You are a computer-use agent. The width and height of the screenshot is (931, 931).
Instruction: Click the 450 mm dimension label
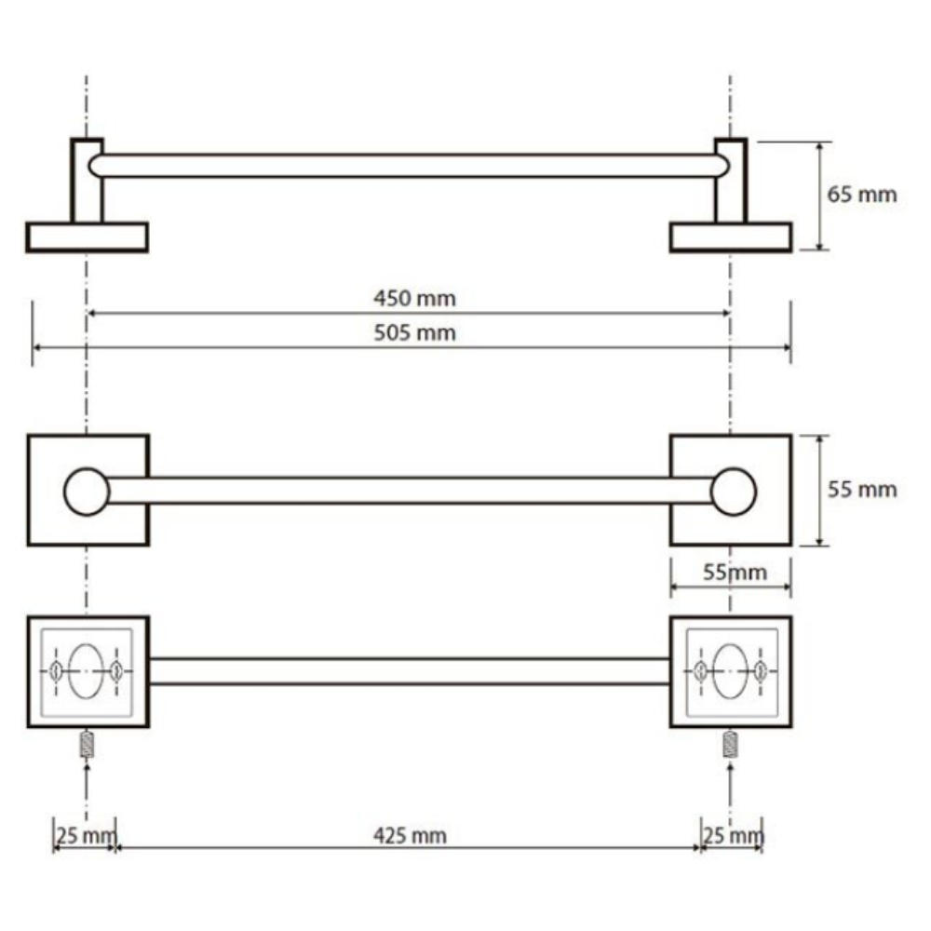click(x=414, y=298)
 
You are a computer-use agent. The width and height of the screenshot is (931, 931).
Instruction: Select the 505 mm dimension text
click(x=414, y=332)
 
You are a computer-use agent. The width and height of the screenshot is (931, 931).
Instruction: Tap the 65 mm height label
click(x=861, y=195)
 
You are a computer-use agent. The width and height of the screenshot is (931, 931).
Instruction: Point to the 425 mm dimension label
click(x=410, y=835)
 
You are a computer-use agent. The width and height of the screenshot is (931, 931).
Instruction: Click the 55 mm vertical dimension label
click(x=861, y=490)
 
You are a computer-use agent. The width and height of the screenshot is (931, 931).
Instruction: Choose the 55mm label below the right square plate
click(x=735, y=572)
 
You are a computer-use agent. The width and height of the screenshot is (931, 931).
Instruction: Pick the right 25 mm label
click(x=734, y=835)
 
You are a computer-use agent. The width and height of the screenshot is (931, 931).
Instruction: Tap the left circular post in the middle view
click(x=87, y=492)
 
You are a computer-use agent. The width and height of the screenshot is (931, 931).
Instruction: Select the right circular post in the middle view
click(x=733, y=492)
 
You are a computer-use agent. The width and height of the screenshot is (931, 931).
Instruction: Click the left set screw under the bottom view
click(x=87, y=745)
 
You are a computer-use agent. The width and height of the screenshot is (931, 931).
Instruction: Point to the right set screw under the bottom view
click(x=730, y=745)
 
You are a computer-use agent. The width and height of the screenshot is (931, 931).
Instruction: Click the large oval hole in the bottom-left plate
click(x=86, y=671)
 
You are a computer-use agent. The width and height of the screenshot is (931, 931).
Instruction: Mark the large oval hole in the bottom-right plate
click(x=730, y=671)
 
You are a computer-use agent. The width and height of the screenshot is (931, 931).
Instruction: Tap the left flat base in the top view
click(x=87, y=237)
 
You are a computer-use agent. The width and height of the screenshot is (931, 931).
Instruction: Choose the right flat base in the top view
click(x=730, y=237)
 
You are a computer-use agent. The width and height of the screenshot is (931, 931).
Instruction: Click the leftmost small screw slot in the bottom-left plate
click(x=57, y=671)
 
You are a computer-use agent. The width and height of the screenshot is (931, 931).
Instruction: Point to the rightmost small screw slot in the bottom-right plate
click(x=760, y=671)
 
